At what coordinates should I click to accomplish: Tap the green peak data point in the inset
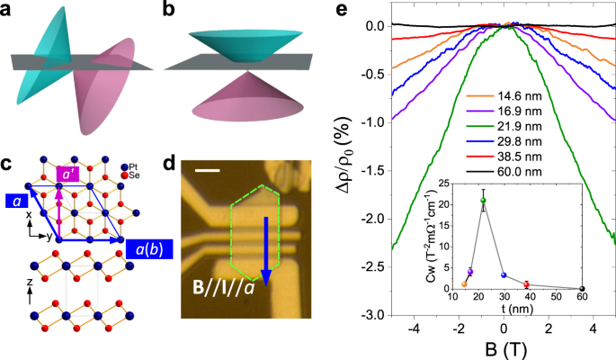(x=483, y=201)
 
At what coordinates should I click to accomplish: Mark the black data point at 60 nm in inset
(x=583, y=289)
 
